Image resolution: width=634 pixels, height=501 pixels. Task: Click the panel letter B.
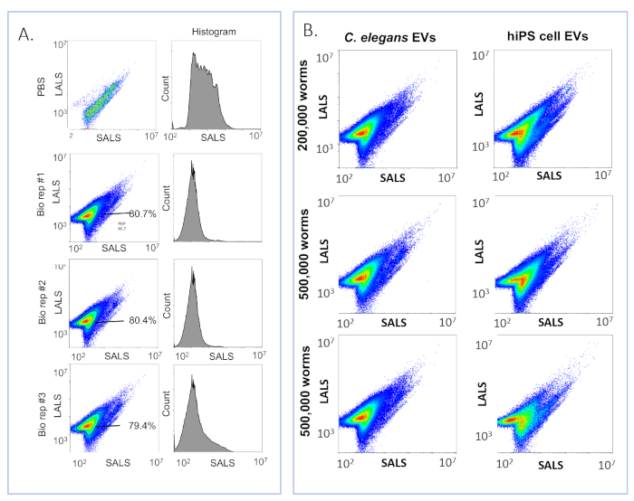tap(310, 31)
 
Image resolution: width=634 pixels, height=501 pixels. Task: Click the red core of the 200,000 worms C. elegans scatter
tap(363, 132)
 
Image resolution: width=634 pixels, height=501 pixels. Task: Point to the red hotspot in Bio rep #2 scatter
tap(87, 320)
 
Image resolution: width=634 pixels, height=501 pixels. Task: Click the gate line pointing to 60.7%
tap(112, 213)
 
